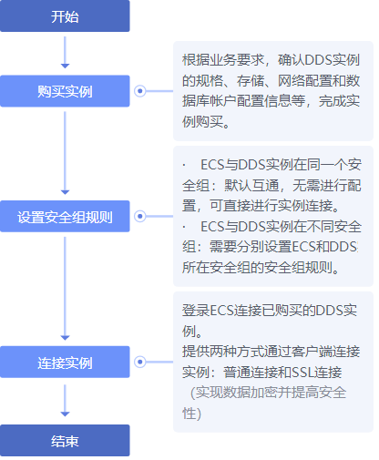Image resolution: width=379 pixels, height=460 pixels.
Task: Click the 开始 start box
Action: (x=65, y=15)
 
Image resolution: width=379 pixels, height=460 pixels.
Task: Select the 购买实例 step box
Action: (x=65, y=91)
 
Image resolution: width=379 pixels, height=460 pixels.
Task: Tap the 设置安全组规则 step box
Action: (x=65, y=217)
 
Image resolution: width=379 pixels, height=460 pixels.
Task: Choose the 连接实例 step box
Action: (x=65, y=362)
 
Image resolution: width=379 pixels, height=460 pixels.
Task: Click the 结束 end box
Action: (x=65, y=441)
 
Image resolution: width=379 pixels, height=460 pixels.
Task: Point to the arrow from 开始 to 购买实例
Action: (x=65, y=52)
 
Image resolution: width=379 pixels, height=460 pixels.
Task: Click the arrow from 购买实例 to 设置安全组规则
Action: (x=65, y=153)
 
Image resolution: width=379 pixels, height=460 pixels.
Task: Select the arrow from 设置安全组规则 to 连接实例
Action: (x=65, y=289)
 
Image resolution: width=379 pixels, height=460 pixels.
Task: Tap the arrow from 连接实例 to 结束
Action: (x=65, y=401)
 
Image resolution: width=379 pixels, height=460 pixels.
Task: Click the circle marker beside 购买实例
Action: (x=140, y=91)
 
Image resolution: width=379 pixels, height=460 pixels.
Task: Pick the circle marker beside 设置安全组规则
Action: (x=140, y=216)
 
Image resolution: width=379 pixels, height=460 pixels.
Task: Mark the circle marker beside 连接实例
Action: (x=140, y=362)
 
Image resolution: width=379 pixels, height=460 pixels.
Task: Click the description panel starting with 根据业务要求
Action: (x=273, y=91)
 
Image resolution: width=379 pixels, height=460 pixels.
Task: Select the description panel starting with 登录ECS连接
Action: (x=273, y=362)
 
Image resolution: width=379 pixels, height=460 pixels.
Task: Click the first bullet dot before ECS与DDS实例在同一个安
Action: (x=184, y=165)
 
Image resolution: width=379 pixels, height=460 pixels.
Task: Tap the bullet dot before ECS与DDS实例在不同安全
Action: (x=184, y=227)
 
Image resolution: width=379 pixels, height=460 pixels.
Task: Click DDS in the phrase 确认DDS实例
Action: (x=317, y=60)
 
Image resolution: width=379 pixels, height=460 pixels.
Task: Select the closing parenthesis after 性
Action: (x=199, y=414)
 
